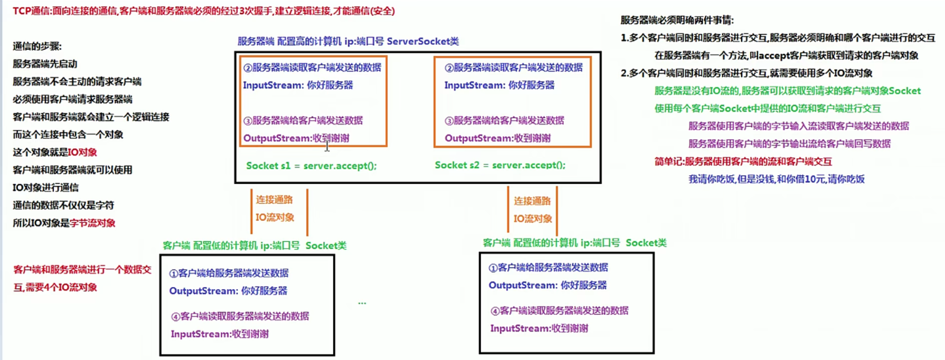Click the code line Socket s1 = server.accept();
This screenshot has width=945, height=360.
[311, 166]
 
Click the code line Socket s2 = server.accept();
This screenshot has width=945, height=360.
[500, 165]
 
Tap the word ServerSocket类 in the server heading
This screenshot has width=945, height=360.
[423, 41]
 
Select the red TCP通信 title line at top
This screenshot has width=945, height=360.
[204, 11]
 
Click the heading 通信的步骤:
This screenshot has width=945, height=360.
[37, 46]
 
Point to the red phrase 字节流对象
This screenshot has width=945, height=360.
[92, 223]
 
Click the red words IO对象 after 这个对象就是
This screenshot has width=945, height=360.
[82, 152]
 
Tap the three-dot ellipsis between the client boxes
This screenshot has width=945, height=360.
[362, 303]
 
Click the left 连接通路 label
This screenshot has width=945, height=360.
[274, 200]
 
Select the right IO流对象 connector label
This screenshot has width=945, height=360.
[533, 219]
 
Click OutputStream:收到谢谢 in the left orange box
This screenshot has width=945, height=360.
[296, 138]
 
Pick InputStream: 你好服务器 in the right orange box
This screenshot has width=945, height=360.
[500, 85]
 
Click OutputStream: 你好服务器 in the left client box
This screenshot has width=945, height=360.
[228, 291]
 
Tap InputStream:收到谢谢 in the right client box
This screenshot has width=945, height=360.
[539, 328]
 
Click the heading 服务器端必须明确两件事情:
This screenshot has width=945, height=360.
[677, 20]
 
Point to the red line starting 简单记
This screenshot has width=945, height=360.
[743, 161]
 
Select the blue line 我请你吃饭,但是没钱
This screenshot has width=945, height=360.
[776, 179]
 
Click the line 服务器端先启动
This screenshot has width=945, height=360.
[45, 64]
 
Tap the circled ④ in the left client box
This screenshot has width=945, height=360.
[176, 316]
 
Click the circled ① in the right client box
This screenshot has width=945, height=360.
[493, 268]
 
